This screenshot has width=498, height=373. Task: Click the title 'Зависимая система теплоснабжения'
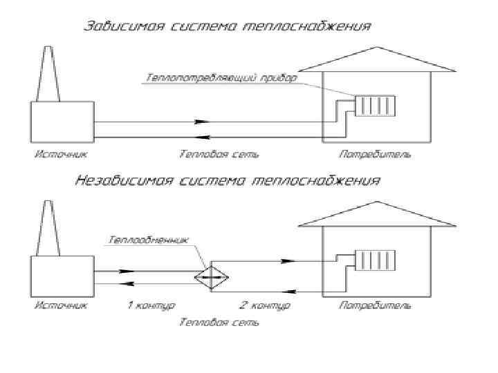click(x=227, y=28)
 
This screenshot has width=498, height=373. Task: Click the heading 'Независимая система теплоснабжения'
click(x=227, y=182)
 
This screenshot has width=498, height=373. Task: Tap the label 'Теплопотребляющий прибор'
click(x=221, y=78)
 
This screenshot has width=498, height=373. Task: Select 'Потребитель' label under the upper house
click(x=375, y=153)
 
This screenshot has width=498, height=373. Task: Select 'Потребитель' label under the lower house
click(x=375, y=305)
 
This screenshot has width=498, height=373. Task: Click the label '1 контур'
click(x=151, y=305)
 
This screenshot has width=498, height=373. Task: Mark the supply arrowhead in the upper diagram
click(x=201, y=122)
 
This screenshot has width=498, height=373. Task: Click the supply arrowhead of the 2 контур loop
click(x=288, y=261)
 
